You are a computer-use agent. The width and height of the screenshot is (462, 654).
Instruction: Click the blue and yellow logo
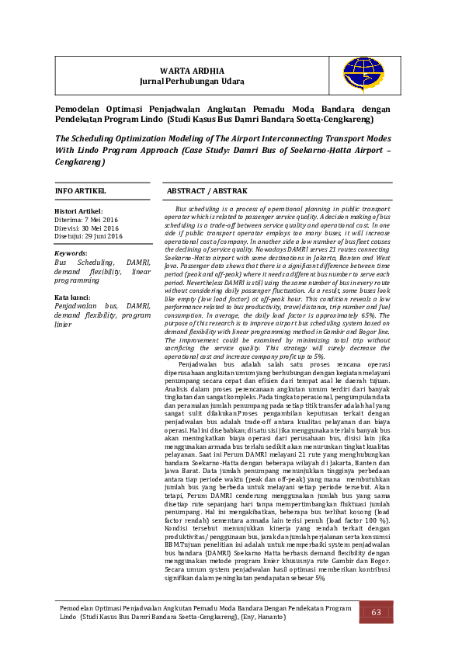point(363,75)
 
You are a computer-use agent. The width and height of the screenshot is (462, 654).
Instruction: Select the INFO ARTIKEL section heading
point(80,190)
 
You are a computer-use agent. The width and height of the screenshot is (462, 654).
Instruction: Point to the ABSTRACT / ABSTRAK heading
point(207,190)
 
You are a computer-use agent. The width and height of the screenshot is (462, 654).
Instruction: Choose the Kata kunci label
point(72,297)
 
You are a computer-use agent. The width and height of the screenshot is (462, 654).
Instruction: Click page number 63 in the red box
point(376,613)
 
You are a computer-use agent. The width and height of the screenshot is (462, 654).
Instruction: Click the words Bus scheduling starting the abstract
point(200,210)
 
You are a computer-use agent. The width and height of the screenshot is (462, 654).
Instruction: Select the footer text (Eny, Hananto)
point(262,617)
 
